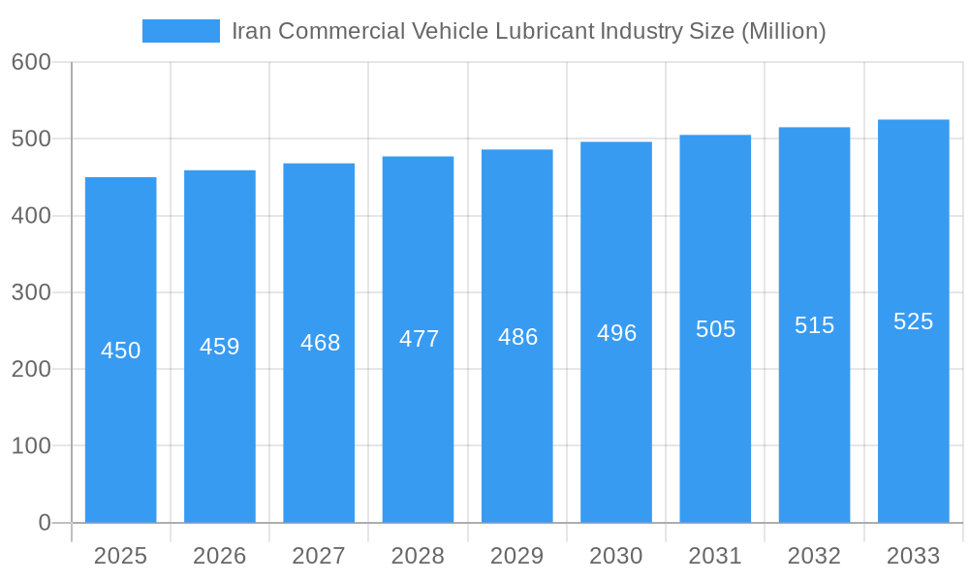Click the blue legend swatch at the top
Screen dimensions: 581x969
pos(180,31)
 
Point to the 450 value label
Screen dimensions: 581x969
pos(121,351)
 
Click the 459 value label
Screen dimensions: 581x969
pos(220,347)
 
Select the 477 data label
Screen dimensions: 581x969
pos(419,339)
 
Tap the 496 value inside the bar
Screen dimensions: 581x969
pos(616,333)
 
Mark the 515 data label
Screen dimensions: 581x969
pos(814,325)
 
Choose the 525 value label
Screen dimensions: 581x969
pos(914,321)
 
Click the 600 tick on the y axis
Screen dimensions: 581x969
pos(31,62)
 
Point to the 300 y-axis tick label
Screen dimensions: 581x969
pos(31,292)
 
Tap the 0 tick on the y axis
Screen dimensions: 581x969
pos(45,523)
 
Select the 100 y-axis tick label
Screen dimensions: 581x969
pos(31,446)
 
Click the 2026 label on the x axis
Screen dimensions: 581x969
pos(220,556)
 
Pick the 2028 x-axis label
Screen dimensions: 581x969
pos(418,556)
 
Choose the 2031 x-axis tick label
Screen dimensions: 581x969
pos(715,556)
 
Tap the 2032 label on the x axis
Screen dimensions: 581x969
pos(814,556)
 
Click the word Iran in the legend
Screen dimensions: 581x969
pos(251,31)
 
